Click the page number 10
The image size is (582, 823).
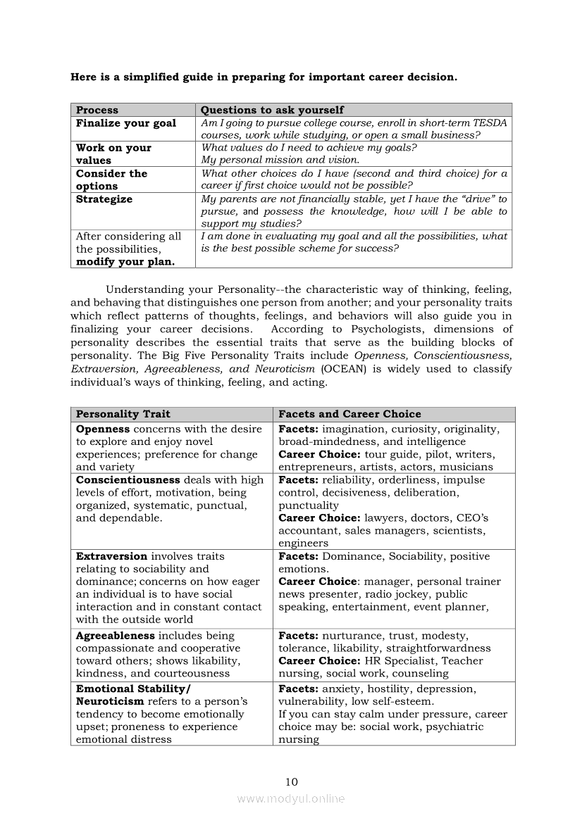pos(292,781)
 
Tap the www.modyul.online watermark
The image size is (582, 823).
pos(291,798)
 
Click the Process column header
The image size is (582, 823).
pos(97,110)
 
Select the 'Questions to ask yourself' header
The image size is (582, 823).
pos(272,110)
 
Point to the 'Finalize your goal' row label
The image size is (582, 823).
pos(126,123)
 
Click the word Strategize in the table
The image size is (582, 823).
pos(104,199)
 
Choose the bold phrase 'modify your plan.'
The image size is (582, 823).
pos(125,262)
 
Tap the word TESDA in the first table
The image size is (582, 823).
pos(490,123)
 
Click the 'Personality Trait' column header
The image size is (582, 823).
pos(123,414)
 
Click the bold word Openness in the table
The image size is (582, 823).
pos(103,429)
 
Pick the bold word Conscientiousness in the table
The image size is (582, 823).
pos(128,480)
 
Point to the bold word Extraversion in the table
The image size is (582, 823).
pos(111,556)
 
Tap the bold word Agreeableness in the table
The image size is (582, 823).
pos(115,636)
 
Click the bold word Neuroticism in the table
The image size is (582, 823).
pos(110,701)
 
